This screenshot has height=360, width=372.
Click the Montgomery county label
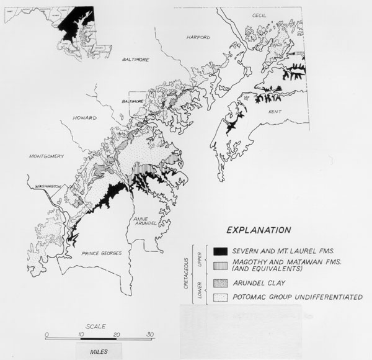point(46,156)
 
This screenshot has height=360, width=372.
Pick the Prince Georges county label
point(100,254)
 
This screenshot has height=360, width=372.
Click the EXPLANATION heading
point(259,230)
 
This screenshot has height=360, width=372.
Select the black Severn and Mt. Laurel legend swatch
point(218,251)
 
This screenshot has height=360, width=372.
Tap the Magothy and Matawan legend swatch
point(218,266)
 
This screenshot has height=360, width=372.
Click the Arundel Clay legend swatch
point(218,284)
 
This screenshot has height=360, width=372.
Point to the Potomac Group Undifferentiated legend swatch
point(218,297)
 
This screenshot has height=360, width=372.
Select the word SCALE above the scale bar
point(96,326)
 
